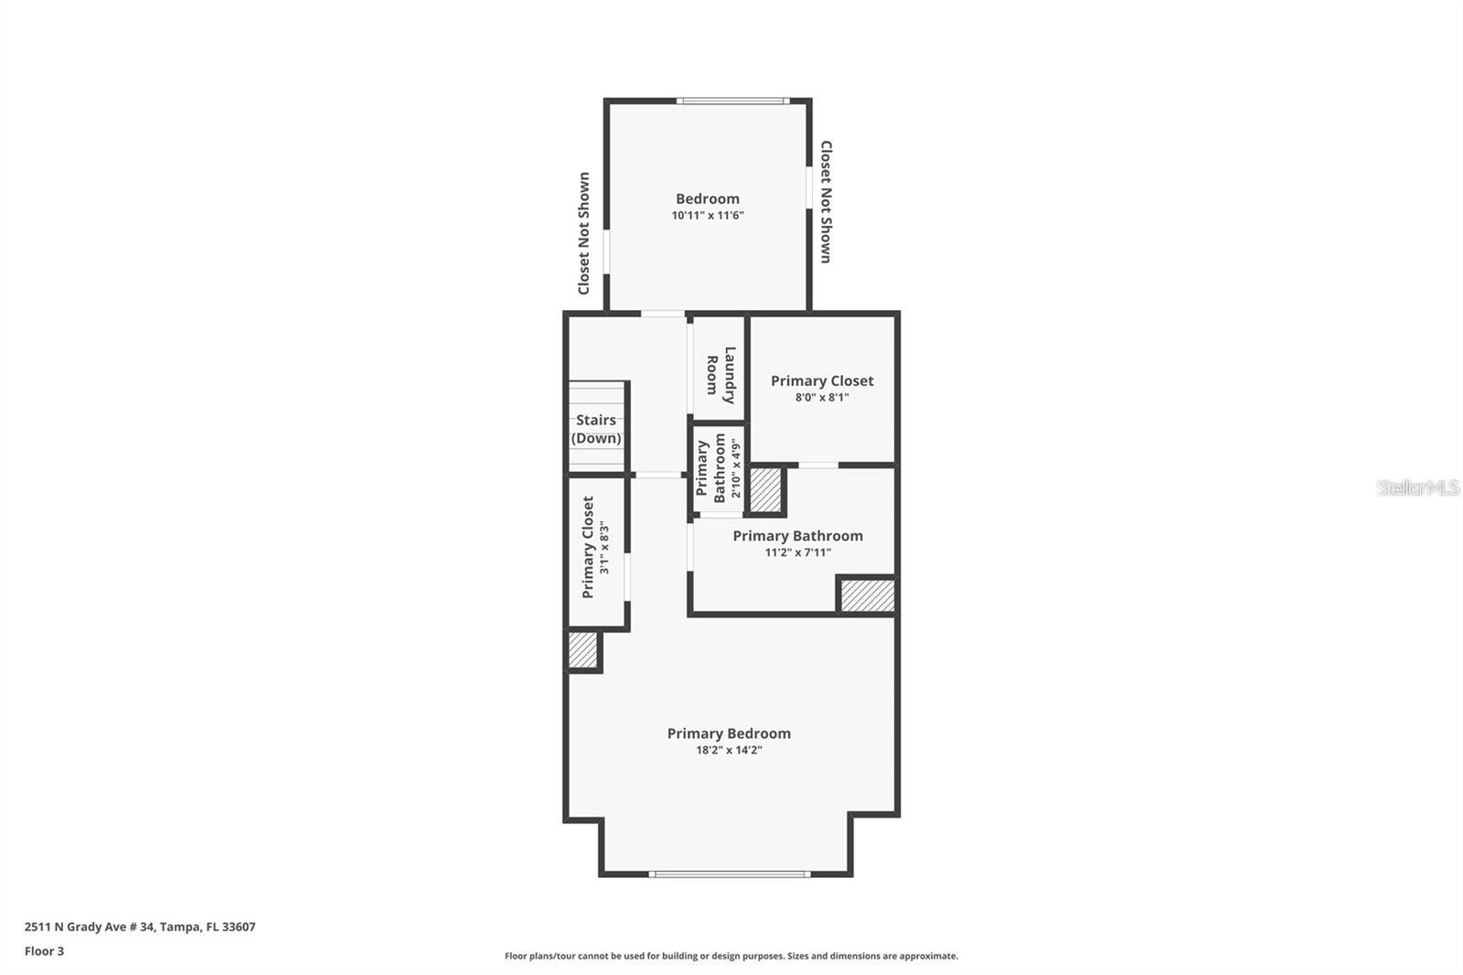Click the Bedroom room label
707,198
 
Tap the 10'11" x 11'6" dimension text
707,216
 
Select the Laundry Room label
721,375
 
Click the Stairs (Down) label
596,429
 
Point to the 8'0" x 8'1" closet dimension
821,398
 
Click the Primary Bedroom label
729,734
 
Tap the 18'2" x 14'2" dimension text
729,750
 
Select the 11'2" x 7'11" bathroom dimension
797,552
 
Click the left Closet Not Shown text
583,233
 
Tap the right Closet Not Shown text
826,201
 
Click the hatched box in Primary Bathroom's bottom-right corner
867,595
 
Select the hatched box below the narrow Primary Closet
582,650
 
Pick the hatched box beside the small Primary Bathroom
765,490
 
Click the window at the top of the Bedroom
732,101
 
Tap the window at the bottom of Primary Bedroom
729,874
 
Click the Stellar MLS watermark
1417,487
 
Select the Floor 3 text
44,951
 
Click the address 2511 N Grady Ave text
140,927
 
